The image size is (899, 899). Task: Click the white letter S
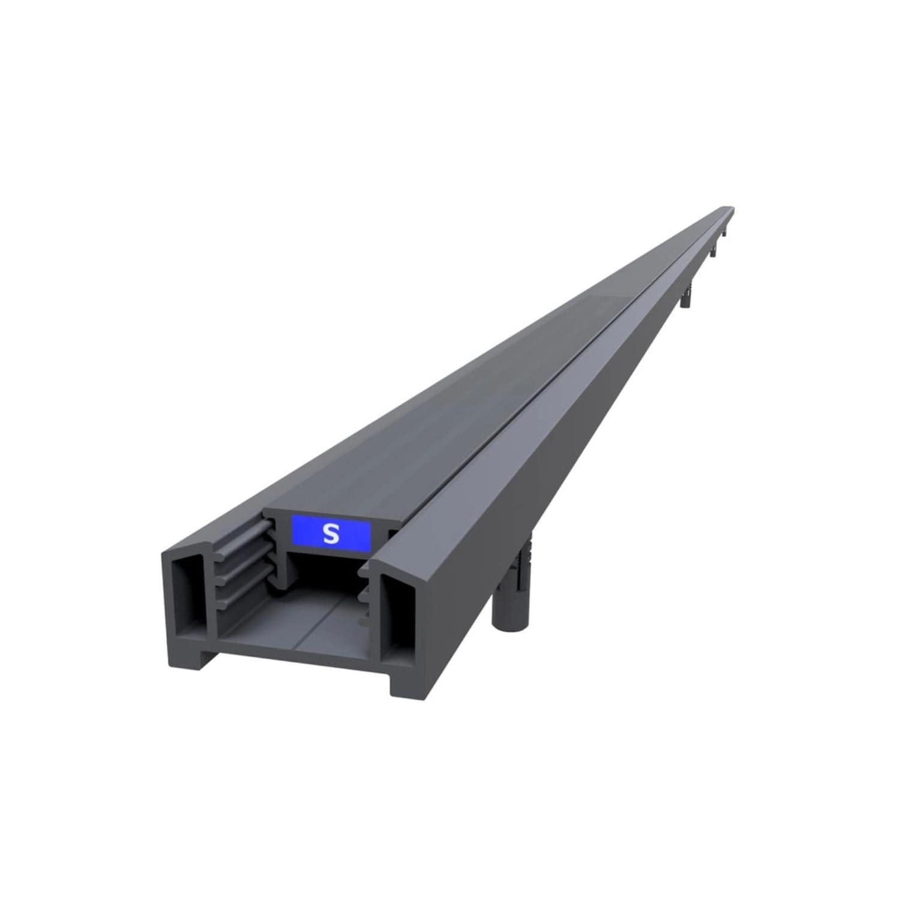330,533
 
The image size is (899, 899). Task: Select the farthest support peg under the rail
725,232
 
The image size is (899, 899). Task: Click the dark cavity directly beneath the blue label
324,575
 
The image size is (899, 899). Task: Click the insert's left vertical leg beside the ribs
278,551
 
